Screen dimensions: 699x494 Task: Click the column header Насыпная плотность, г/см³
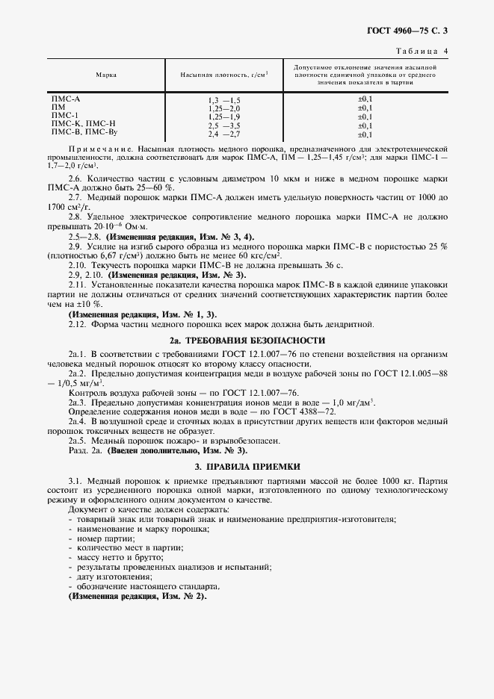pos(223,75)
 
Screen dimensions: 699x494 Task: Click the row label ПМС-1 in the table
pos(64,116)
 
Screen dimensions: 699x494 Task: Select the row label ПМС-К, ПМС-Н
pos(83,124)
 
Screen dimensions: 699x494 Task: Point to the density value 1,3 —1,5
pos(223,100)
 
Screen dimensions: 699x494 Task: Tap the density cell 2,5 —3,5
pos(223,125)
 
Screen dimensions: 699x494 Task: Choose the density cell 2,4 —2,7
pos(223,134)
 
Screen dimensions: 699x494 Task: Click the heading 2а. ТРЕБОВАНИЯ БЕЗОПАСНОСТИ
pos(247,340)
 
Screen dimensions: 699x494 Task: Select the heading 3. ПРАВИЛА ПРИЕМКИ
pos(247,467)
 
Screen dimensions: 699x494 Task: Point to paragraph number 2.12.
pos(78,324)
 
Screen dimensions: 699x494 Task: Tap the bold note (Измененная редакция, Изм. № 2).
pos(138,597)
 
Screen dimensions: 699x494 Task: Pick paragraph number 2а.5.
pos(78,441)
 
